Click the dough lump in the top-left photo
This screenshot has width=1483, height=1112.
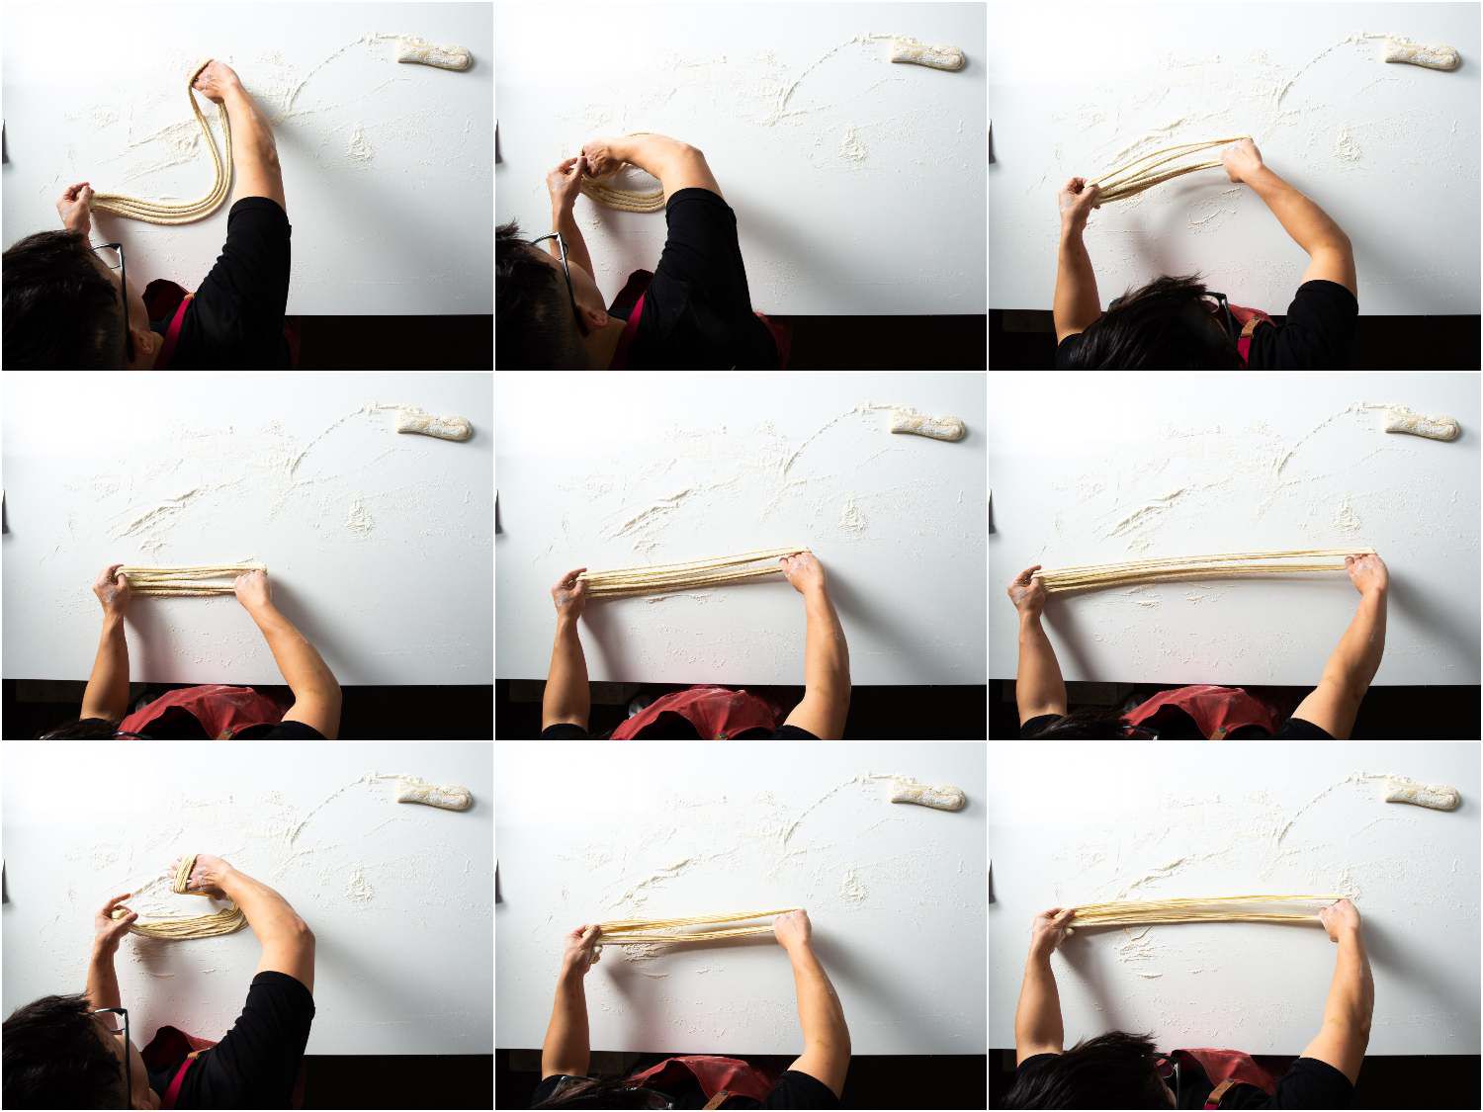click(x=436, y=54)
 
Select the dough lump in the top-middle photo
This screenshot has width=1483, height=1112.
click(x=928, y=53)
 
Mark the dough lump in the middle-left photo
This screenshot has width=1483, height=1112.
click(x=434, y=425)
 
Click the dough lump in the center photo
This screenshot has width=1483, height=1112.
click(x=928, y=425)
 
